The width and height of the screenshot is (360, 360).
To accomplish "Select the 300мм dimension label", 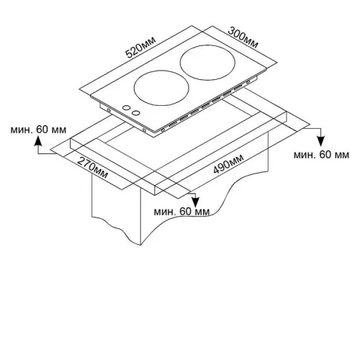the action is [x=243, y=38].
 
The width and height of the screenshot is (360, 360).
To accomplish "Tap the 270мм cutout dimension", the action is [x=92, y=168].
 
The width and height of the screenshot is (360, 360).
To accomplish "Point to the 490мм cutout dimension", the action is [x=228, y=164].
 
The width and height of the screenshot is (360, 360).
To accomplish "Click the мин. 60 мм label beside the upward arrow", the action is [x=38, y=130].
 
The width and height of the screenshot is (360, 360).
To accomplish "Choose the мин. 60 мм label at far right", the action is [x=321, y=155].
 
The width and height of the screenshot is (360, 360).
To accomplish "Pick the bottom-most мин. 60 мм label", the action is [x=181, y=212].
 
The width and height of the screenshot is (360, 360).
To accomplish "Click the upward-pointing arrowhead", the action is [x=38, y=141].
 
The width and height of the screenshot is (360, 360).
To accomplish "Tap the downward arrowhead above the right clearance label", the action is [x=320, y=141].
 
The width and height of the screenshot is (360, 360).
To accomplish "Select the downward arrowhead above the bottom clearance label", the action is [x=196, y=202].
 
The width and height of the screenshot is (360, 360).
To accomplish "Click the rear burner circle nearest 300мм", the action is [x=207, y=63].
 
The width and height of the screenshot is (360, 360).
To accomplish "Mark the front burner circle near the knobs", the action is [x=161, y=88].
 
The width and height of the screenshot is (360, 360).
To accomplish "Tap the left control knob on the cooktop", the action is [x=126, y=108].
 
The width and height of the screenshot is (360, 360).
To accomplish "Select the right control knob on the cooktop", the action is [x=136, y=112].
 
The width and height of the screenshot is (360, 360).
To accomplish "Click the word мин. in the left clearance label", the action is [x=22, y=130].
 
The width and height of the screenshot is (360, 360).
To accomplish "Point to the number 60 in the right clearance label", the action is [x=325, y=155].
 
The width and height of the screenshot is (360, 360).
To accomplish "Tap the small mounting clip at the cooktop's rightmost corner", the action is [x=248, y=81].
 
